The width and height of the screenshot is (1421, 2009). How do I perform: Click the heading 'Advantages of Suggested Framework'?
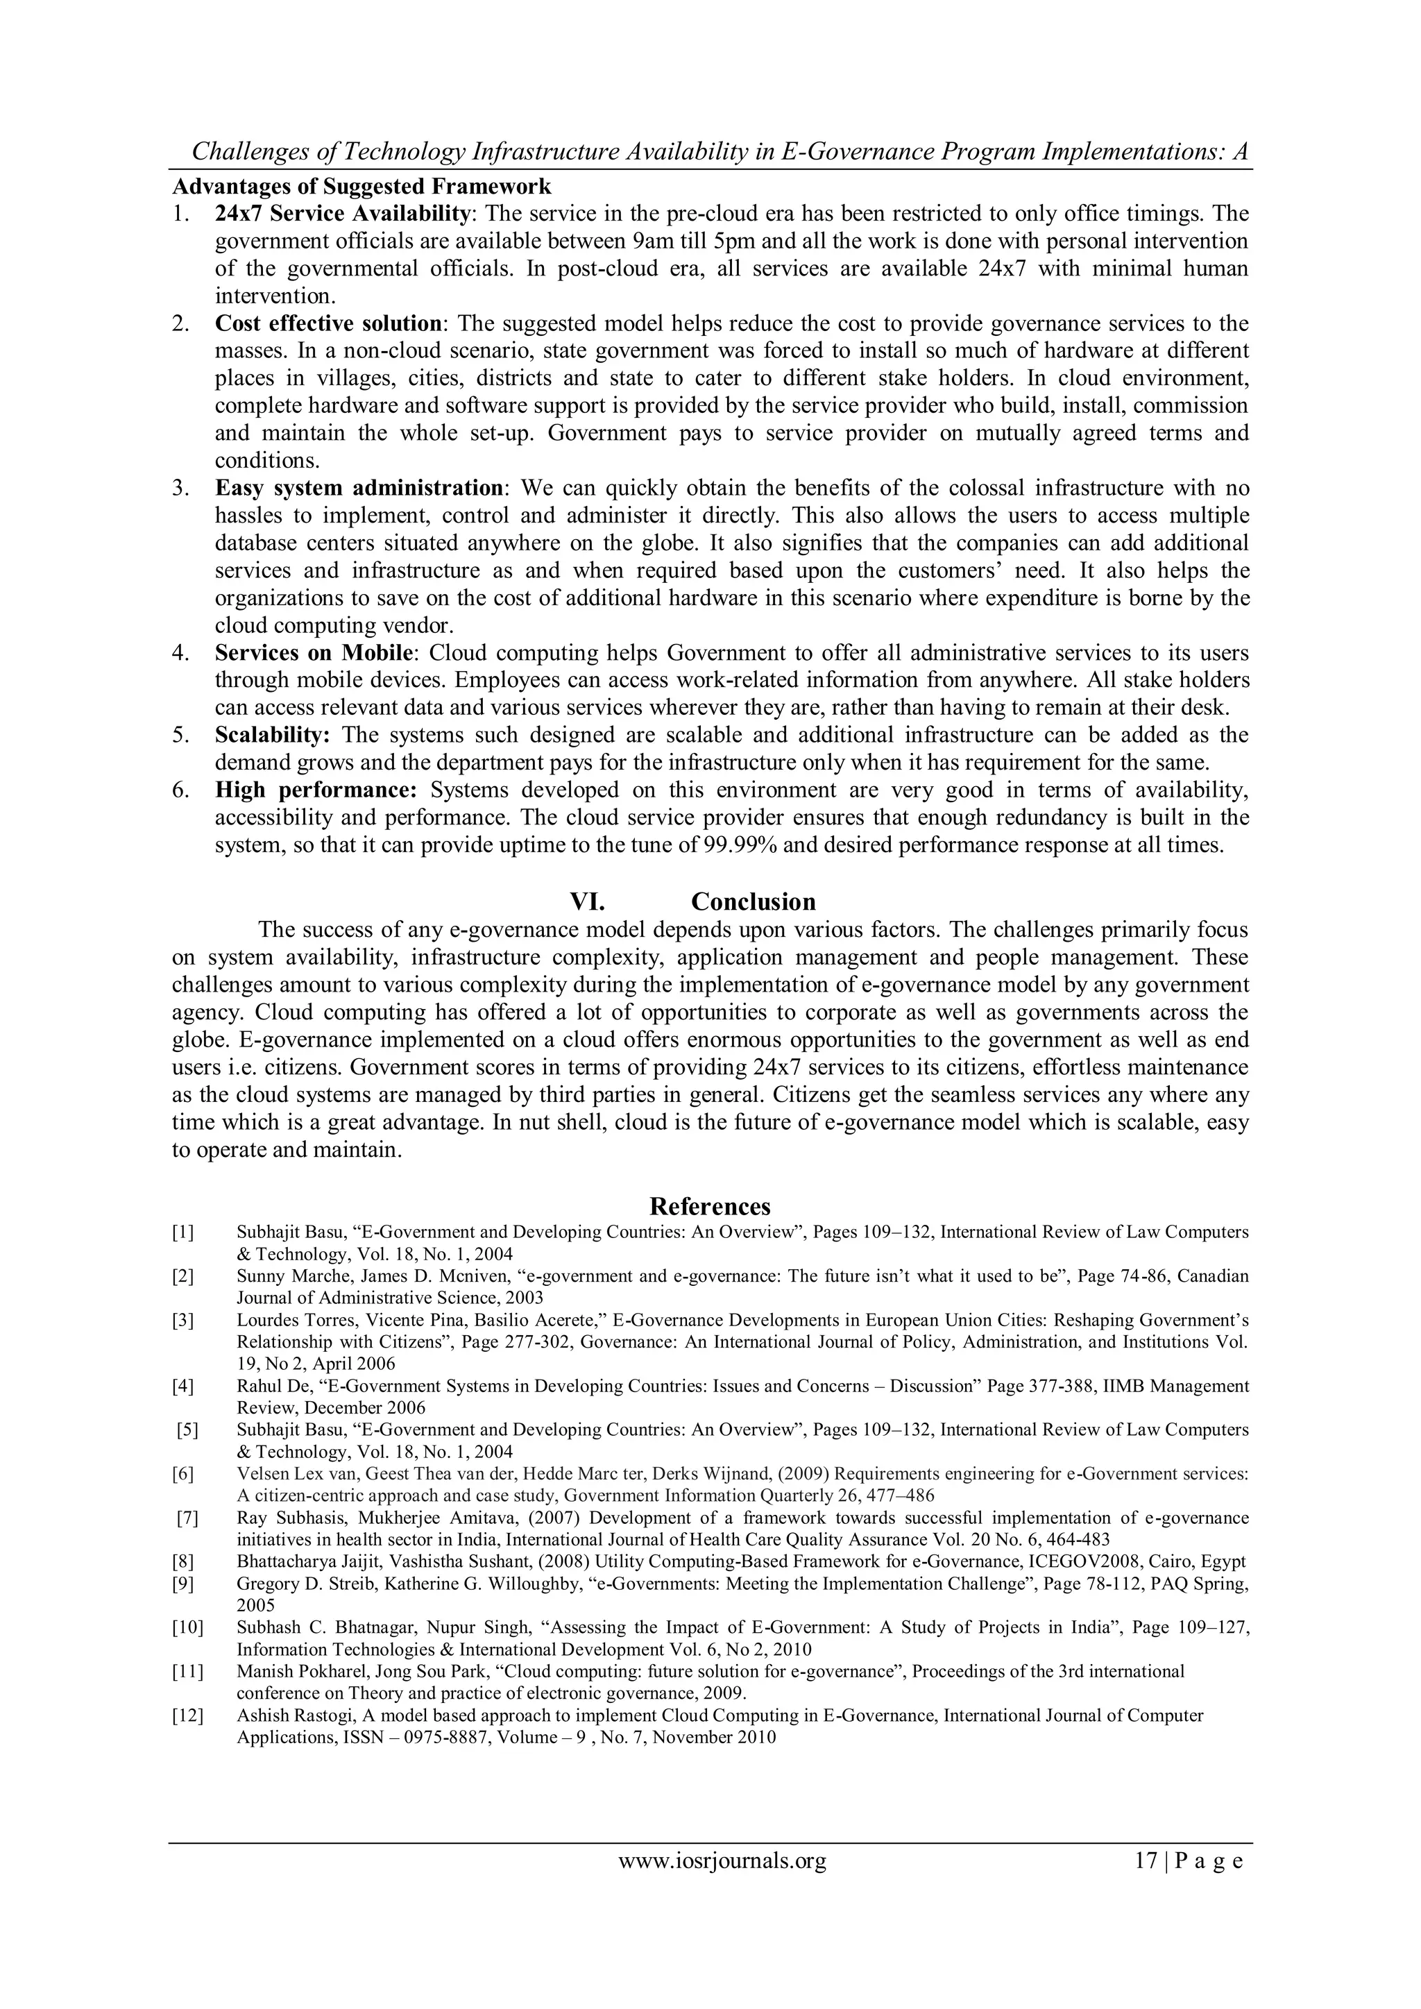(361, 187)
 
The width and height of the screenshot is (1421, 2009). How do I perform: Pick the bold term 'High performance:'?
(316, 790)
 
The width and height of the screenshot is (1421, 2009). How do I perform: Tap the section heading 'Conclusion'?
(753, 901)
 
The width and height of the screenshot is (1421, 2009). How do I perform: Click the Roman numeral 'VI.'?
(588, 901)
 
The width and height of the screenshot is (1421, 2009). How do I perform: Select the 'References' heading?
(710, 1207)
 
